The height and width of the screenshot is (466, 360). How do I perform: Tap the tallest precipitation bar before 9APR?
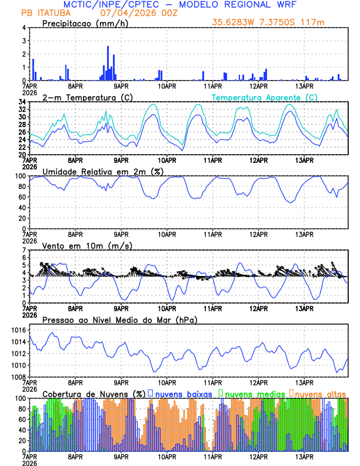click(x=108, y=63)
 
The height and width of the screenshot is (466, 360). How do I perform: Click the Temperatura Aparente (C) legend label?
click(x=265, y=97)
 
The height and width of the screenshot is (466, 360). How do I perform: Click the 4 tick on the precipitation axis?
click(x=24, y=28)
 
